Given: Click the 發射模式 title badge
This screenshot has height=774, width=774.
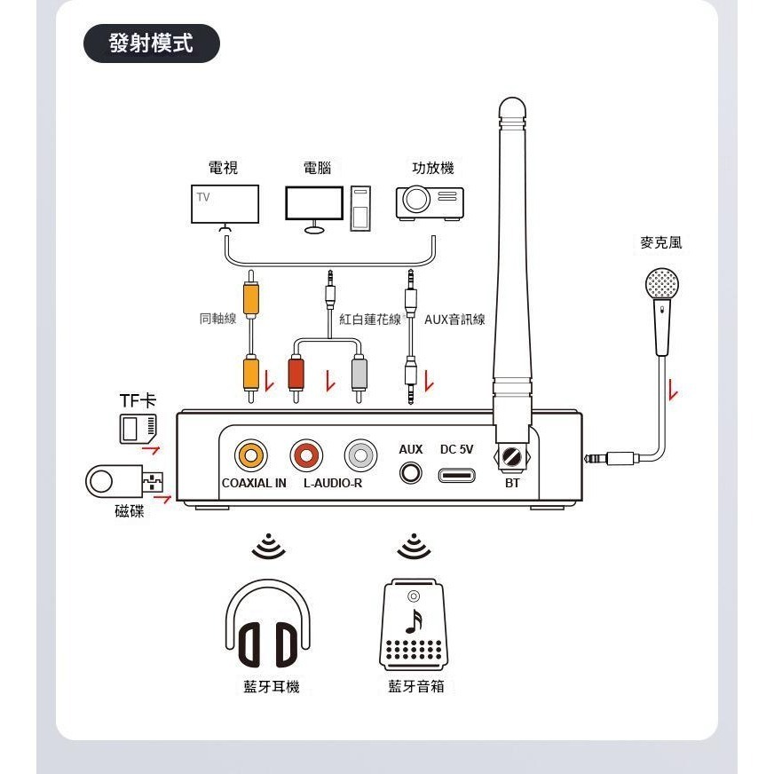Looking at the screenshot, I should [x=151, y=43].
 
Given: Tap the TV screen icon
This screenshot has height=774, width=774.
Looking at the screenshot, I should [x=225, y=204].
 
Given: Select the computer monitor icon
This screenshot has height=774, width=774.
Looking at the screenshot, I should [x=313, y=203].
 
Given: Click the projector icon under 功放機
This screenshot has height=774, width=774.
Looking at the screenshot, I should [x=430, y=202].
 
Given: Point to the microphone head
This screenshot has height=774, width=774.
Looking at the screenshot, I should [x=661, y=284].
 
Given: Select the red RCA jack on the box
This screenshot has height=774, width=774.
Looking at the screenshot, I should [x=306, y=456].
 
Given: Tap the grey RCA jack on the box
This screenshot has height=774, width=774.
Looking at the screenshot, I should [x=360, y=456].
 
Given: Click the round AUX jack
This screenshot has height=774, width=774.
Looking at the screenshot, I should [x=410, y=472].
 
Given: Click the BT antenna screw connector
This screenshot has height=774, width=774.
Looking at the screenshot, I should [x=511, y=459].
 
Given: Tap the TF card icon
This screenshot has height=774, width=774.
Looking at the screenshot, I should [x=138, y=429].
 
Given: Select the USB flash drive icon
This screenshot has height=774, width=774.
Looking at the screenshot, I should [x=124, y=481].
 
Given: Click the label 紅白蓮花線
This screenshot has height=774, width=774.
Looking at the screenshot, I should [x=370, y=319].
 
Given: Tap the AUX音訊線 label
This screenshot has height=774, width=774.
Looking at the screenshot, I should [x=454, y=319].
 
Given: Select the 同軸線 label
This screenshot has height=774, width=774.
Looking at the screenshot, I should [x=217, y=319].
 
